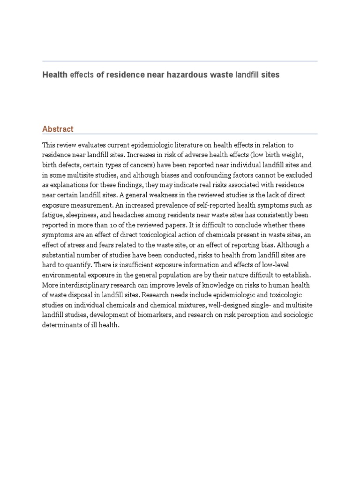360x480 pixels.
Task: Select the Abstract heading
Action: click(58, 129)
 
